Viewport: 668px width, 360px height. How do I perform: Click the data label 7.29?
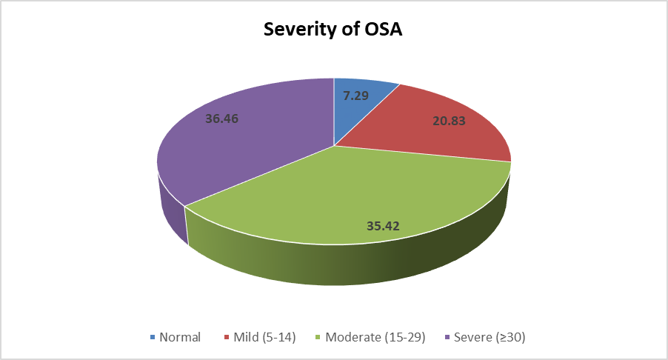(355, 96)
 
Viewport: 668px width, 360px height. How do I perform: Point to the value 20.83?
(449, 121)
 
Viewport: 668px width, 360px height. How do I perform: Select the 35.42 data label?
(383, 226)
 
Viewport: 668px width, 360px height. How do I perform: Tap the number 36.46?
(222, 119)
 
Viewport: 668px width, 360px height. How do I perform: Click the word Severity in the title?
(299, 30)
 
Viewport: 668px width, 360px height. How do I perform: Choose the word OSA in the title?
(384, 29)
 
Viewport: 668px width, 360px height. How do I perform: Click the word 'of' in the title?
(350, 29)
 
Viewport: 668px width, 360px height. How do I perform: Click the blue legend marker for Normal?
(153, 338)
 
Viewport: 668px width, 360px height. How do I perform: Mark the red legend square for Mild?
(227, 338)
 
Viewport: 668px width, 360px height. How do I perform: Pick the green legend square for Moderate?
(318, 338)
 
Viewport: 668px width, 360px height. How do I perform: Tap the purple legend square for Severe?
(447, 338)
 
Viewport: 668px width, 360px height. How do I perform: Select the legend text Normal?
(180, 337)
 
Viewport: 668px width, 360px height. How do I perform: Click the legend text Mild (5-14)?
(264, 337)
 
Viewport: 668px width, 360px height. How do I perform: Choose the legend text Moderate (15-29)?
(375, 337)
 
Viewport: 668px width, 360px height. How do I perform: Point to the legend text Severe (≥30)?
(490, 337)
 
